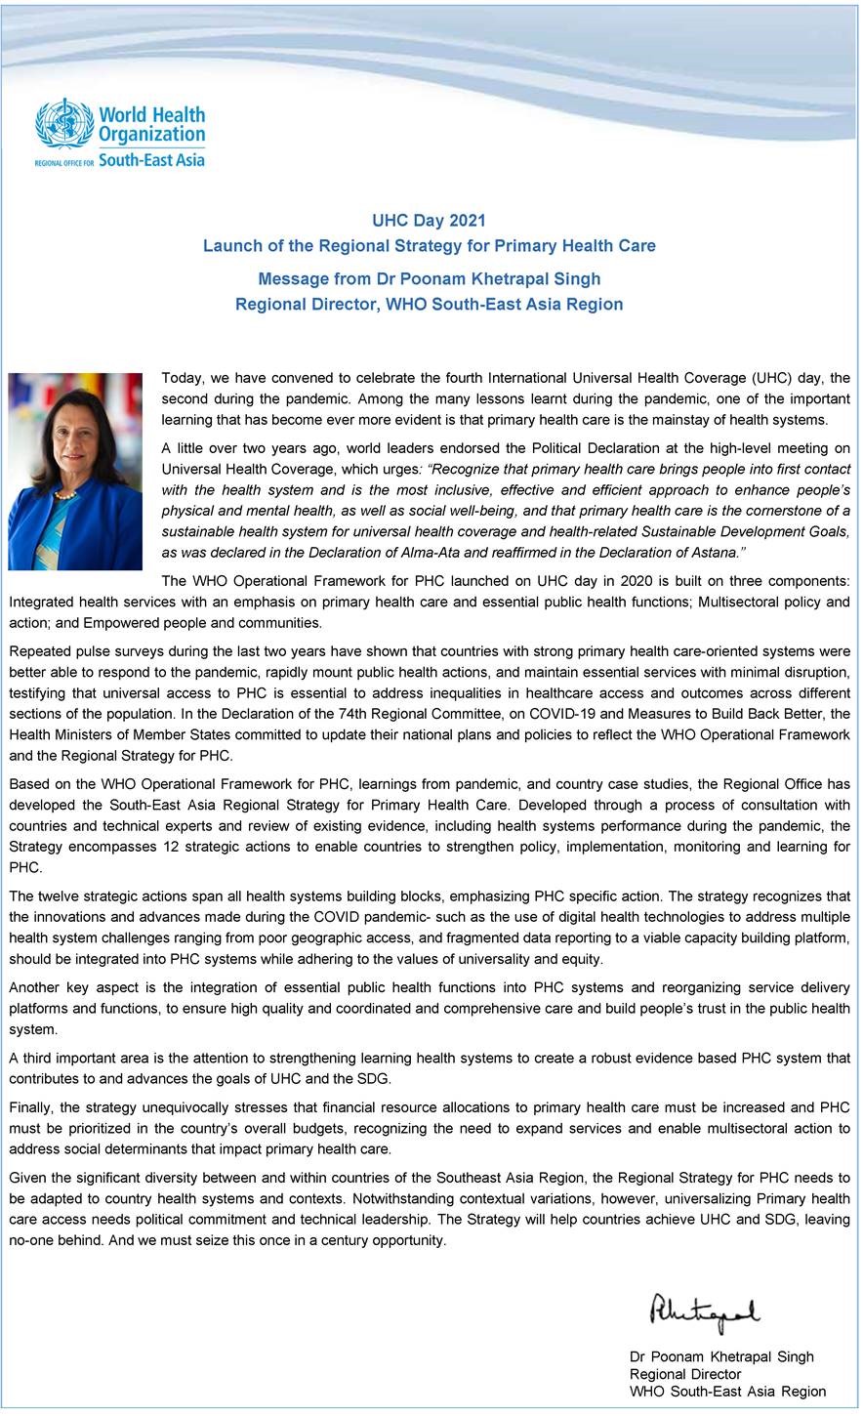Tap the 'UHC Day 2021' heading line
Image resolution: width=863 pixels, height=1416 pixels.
click(429, 221)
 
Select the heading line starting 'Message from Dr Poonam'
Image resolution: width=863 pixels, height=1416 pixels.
click(429, 279)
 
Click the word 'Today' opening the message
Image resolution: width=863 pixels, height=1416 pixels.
click(182, 377)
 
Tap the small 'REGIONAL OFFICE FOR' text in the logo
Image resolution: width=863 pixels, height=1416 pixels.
click(64, 162)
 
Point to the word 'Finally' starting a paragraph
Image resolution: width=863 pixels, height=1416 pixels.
click(30, 1106)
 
